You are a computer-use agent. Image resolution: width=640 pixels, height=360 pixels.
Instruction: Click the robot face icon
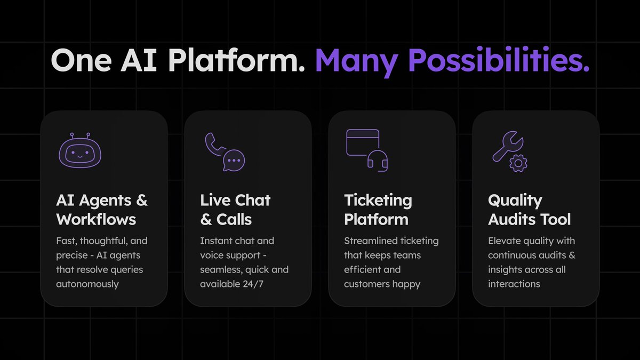click(79, 151)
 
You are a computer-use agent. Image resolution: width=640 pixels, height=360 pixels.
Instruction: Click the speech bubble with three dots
click(234, 160)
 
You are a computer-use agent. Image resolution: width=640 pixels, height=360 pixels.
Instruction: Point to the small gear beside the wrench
click(518, 163)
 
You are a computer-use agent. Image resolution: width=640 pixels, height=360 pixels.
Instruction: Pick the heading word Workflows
click(96, 219)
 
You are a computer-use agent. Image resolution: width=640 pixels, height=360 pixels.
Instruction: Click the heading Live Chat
click(235, 201)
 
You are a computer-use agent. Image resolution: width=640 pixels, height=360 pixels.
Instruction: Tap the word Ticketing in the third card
click(378, 201)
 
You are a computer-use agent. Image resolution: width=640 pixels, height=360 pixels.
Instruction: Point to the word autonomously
click(87, 284)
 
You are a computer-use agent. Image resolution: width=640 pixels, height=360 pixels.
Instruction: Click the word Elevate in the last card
click(503, 241)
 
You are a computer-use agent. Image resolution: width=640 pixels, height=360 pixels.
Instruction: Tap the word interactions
click(514, 284)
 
